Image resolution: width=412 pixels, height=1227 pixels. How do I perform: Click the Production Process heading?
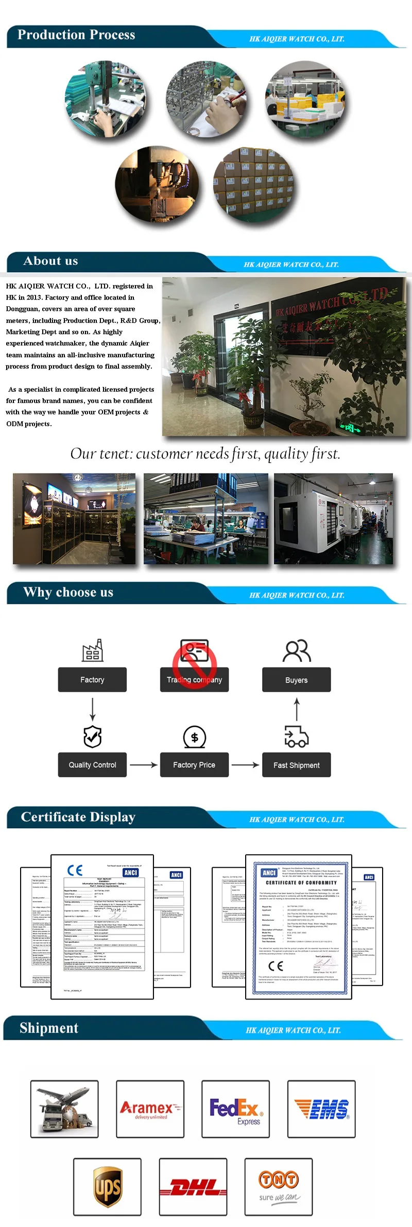tap(76, 35)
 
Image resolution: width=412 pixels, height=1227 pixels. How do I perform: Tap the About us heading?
tap(50, 261)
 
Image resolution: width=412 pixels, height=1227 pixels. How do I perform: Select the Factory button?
tap(92, 679)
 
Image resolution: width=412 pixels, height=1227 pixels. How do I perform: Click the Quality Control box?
tap(92, 765)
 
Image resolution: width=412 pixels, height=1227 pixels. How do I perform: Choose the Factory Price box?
tap(194, 765)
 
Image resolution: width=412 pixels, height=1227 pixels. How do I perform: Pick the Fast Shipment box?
tap(296, 765)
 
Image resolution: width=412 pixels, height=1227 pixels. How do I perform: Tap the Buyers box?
tap(296, 680)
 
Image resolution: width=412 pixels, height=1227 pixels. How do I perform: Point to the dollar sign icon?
tap(194, 738)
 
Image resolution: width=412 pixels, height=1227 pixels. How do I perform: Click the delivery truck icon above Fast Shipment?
tap(296, 737)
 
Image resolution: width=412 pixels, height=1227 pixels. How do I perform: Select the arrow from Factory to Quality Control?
tap(92, 709)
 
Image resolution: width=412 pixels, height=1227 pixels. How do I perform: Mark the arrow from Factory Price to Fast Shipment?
tap(245, 765)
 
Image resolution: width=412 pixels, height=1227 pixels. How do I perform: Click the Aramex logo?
tap(150, 1109)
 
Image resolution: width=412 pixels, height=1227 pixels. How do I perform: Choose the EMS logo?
tap(321, 1109)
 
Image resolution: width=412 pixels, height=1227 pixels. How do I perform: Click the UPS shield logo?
tap(107, 1187)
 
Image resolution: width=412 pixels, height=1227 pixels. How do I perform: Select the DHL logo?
tap(193, 1187)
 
